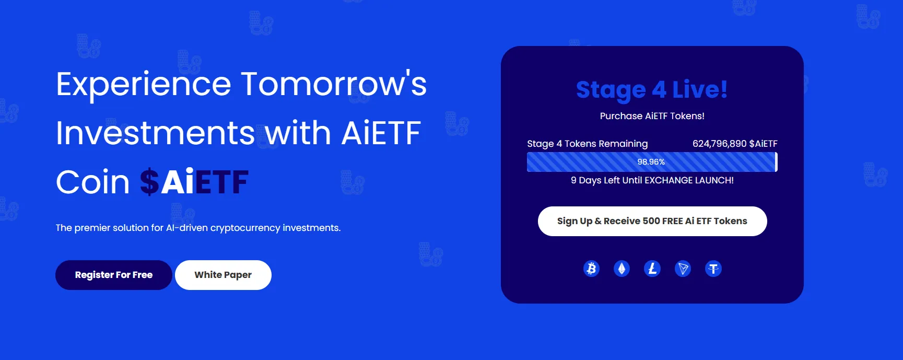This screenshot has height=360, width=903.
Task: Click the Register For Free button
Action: coord(114,275)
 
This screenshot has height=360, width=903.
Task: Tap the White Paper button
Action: coord(223,275)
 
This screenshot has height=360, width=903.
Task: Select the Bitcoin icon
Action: coord(591,269)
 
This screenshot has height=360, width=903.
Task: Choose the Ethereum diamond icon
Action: coord(621,269)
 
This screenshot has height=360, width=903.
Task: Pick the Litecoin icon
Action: coord(652,269)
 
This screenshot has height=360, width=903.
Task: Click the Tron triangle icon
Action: coord(683,269)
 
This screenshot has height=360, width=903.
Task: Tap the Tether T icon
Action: coord(713,269)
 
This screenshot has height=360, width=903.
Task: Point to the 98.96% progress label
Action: coord(651,162)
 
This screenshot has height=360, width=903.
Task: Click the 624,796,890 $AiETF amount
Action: coord(735,144)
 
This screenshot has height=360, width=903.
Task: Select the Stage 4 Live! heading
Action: coord(652,89)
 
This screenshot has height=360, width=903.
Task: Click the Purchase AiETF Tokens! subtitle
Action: coord(652,116)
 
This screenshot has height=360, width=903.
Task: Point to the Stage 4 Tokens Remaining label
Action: coord(588,144)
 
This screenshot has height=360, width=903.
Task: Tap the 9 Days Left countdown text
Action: coord(652,180)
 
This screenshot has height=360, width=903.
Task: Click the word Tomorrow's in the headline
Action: coord(334,84)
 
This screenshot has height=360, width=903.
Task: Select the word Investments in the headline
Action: coord(156,133)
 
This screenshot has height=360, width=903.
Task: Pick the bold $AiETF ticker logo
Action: coord(194,182)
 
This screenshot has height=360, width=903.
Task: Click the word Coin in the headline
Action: coord(93,182)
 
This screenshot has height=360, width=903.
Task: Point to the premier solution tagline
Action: coord(198,228)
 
